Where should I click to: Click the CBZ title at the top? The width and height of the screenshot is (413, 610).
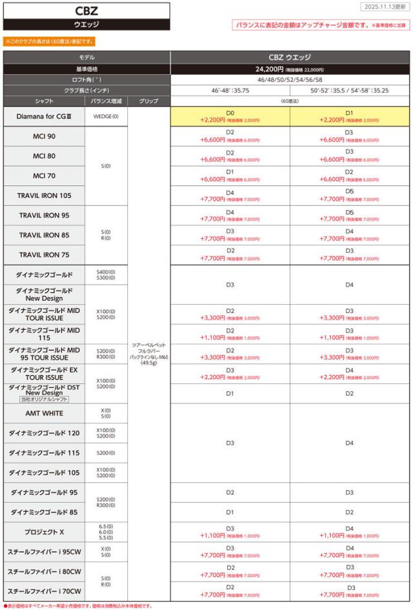click(86, 11)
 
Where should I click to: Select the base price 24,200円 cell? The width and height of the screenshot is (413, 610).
click(290, 68)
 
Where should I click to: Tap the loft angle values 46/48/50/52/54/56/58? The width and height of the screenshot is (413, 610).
click(290, 79)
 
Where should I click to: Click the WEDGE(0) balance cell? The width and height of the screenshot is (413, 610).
click(107, 116)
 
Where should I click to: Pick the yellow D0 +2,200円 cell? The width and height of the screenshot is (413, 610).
click(230, 116)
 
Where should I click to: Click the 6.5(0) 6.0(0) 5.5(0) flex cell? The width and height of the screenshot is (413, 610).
click(107, 532)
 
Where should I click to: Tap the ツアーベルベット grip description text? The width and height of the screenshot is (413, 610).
click(149, 354)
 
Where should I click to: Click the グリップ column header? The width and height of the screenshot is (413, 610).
click(149, 101)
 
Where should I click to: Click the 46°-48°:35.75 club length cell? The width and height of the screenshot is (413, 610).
click(230, 90)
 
